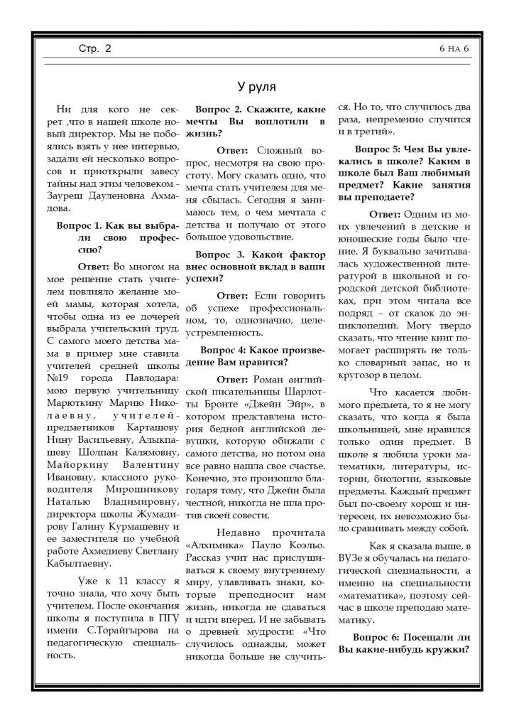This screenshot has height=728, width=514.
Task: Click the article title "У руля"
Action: (x=256, y=87)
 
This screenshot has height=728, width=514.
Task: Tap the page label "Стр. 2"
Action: (x=95, y=49)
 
